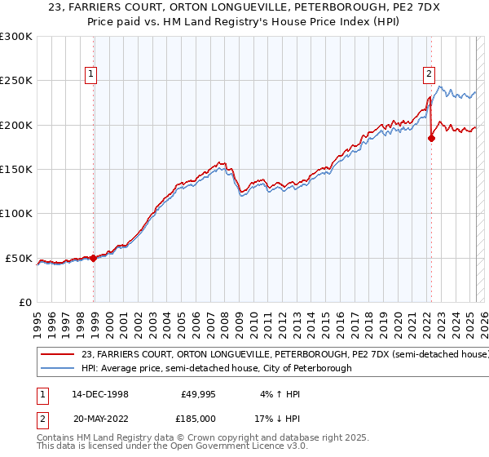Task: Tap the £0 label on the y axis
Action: click(24, 303)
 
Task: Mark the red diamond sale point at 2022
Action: click(431, 138)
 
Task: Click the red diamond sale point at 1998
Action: click(93, 258)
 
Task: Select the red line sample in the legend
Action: click(58, 355)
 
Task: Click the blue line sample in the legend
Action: click(58, 369)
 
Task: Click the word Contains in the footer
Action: click(58, 438)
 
